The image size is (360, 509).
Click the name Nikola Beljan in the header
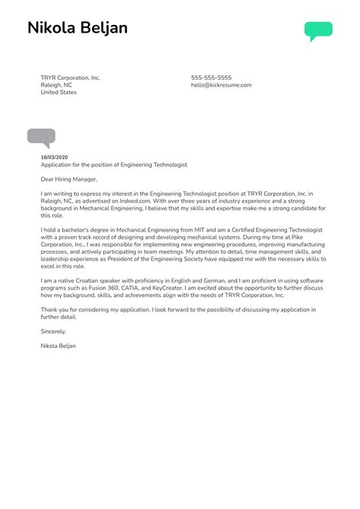77,29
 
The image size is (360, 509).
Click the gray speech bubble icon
41,138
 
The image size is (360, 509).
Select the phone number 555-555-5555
211,77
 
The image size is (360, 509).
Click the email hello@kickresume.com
221,85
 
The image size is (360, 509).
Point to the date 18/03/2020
55,156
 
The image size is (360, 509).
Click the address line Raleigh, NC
56,85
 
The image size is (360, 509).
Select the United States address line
58,93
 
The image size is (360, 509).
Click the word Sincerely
53,331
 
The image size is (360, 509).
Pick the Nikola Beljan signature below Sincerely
58,346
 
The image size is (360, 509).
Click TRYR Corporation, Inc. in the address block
70,77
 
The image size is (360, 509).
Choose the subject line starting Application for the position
114,164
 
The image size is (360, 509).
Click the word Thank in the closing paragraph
49,310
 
